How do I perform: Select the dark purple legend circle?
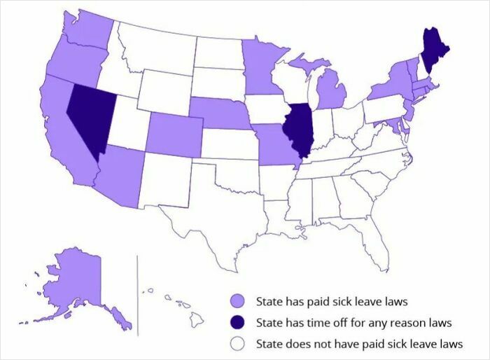pos(238,323)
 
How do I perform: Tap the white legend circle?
pos(238,344)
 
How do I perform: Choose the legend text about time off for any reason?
pos(353,323)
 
